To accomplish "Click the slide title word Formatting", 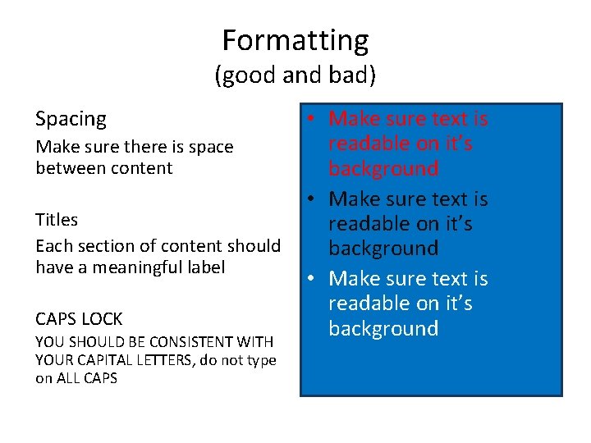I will coord(295,39).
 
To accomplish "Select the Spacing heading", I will coord(71,119).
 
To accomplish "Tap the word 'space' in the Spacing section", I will coord(211,147).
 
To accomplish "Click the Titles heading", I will coord(57,220).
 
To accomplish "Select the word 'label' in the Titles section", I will coord(204,267).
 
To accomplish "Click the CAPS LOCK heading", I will coord(79,318).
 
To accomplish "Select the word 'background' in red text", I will coord(383,168).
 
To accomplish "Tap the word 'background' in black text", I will coord(383,248).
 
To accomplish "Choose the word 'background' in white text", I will coord(383,328).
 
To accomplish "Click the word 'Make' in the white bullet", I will coord(354,279).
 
